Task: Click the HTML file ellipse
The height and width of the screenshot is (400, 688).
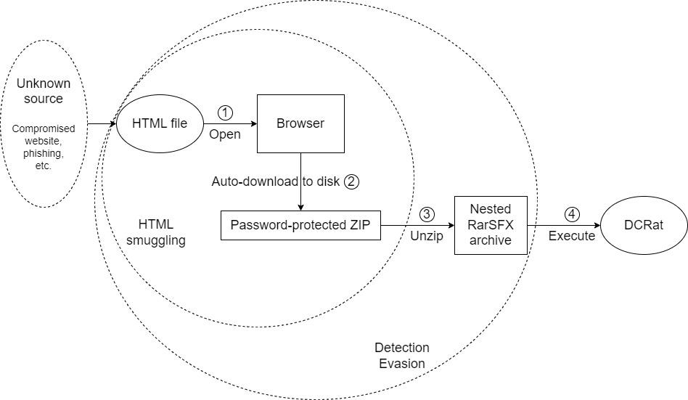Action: [x=159, y=123]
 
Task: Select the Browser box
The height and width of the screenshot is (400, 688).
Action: [x=300, y=123]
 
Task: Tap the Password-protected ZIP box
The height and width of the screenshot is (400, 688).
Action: [x=300, y=225]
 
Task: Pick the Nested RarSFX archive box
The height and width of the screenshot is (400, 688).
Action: [x=490, y=225]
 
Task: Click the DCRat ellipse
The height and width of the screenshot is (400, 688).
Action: [x=643, y=225]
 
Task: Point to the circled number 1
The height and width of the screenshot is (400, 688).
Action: [x=225, y=113]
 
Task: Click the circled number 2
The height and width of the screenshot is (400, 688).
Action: [x=351, y=181]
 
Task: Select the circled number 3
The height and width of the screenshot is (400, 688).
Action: [x=427, y=214]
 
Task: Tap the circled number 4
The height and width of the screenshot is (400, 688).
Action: [x=573, y=214]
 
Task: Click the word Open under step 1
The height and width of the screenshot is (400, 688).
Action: [x=225, y=134]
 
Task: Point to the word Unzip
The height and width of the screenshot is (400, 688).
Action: [x=427, y=236]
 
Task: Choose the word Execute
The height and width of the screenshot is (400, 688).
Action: [x=572, y=236]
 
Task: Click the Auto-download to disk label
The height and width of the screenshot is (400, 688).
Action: [x=275, y=181]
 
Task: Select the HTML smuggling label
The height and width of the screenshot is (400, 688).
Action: [x=161, y=232]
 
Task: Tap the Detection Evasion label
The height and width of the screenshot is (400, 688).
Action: [x=402, y=356]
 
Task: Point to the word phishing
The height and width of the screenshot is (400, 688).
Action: [x=43, y=154]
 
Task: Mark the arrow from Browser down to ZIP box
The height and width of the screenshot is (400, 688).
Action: [x=300, y=181]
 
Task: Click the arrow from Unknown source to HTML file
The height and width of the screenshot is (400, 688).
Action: [x=102, y=123]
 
